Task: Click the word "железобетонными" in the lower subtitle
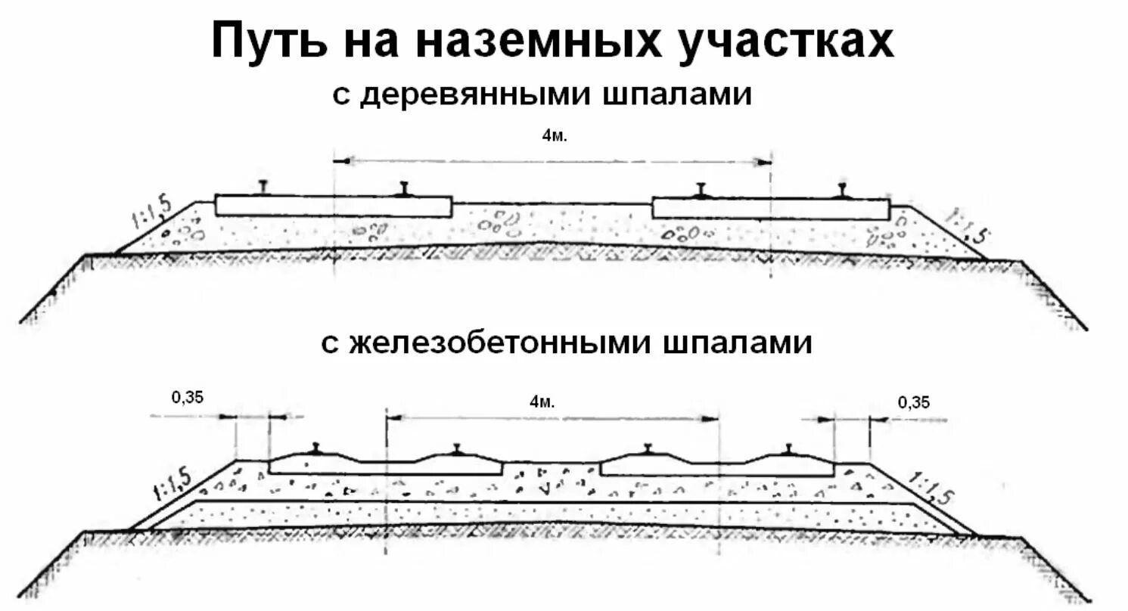(x=489, y=343)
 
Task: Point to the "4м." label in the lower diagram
(x=543, y=402)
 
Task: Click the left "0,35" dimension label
(x=188, y=396)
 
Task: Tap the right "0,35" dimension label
(x=913, y=402)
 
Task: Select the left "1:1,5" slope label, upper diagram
(x=152, y=211)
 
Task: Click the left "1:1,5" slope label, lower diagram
(x=170, y=482)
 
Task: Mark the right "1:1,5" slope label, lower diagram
(x=933, y=488)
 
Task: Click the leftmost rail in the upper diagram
(x=263, y=188)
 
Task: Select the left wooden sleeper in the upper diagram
(x=333, y=206)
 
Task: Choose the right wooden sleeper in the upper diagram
(x=770, y=209)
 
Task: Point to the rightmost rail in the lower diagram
(x=789, y=449)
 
